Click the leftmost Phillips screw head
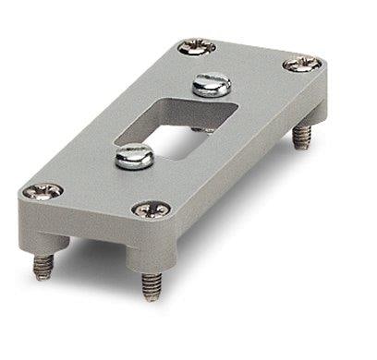(43, 191)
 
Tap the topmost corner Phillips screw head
(197, 45)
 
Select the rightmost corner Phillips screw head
(302, 65)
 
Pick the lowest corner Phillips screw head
(152, 210)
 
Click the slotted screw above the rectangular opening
(209, 86)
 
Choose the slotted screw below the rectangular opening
(135, 158)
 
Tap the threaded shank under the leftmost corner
(41, 266)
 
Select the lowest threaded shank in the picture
(151, 285)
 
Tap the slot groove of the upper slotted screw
(209, 84)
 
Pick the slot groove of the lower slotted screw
(135, 156)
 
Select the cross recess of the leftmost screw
(43, 191)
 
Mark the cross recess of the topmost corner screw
(197, 45)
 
